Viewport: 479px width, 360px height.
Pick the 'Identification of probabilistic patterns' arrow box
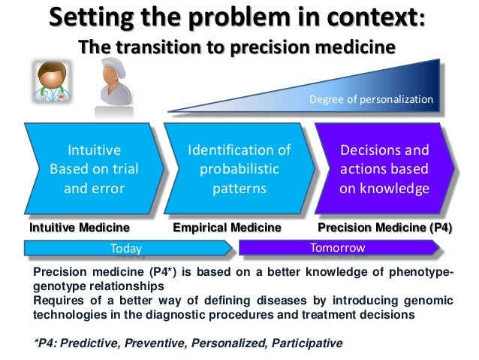click(x=238, y=169)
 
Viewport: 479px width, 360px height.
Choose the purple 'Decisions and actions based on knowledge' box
click(x=383, y=169)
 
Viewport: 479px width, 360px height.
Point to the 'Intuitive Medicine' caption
click(x=79, y=227)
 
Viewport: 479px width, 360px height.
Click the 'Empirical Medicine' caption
click(x=227, y=227)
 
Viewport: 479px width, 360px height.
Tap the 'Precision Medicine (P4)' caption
click(x=385, y=227)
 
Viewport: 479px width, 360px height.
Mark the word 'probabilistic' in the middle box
click(x=239, y=169)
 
